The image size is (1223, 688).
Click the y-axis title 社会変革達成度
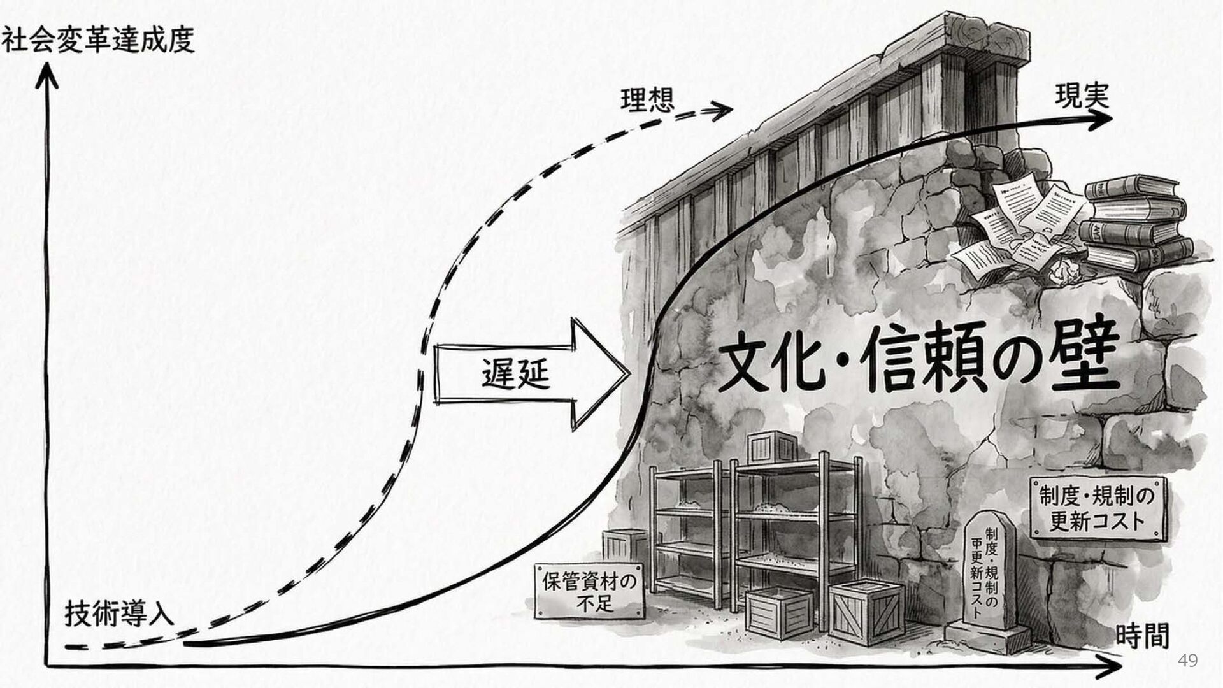(x=97, y=41)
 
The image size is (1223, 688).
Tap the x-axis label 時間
(x=1142, y=636)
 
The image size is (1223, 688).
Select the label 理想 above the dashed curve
(x=647, y=101)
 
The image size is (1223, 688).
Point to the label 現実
(x=1082, y=97)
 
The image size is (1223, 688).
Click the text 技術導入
(x=119, y=613)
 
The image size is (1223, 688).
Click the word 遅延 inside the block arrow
(x=515, y=373)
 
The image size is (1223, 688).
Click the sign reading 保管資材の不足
(x=589, y=591)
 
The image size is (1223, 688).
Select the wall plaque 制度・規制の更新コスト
(x=1097, y=508)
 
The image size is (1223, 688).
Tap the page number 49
(x=1187, y=660)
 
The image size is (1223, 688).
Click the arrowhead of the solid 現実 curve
(x=1101, y=119)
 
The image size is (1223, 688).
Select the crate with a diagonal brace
(x=866, y=612)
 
